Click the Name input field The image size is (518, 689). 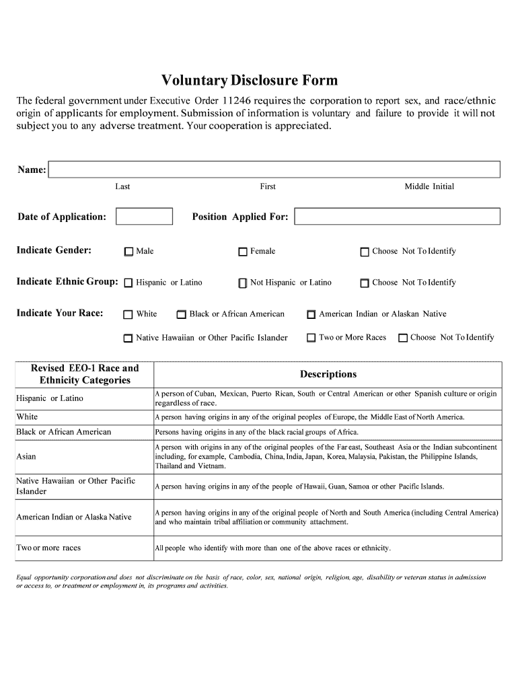click(274, 170)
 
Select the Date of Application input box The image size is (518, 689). click(144, 216)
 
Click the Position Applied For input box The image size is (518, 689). click(397, 216)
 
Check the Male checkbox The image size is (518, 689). click(128, 252)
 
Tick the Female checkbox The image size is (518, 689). click(243, 252)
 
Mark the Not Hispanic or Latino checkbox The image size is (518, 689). click(243, 283)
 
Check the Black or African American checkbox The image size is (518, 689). click(182, 314)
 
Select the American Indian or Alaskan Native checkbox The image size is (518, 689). click(311, 314)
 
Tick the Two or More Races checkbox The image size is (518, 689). click(311, 338)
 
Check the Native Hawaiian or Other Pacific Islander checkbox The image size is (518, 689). click(128, 338)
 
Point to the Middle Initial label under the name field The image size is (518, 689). click(429, 186)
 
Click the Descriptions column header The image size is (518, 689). click(328, 374)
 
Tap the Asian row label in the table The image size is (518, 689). click(26, 457)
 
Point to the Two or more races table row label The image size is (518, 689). click(48, 548)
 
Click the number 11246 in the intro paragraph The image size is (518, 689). click(237, 101)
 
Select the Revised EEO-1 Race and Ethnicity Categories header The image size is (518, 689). click(85, 374)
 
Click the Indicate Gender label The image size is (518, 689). click(54, 250)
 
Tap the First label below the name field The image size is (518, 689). click(268, 186)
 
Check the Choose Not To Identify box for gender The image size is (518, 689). click(365, 252)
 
